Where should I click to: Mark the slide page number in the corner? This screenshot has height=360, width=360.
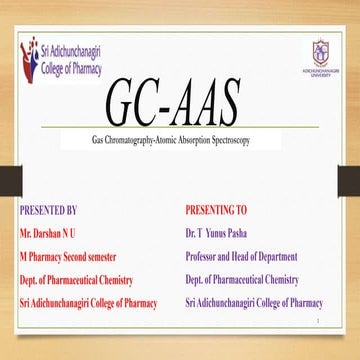pos(340,321)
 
